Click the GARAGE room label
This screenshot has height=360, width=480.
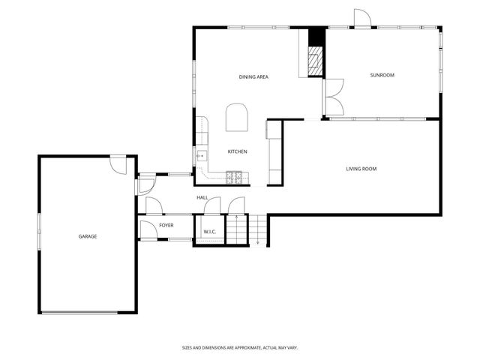click(88, 236)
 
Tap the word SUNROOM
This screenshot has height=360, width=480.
click(382, 75)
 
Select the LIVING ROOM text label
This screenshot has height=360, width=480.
click(361, 169)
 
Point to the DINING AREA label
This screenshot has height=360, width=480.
click(253, 77)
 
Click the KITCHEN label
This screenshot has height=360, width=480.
click(238, 152)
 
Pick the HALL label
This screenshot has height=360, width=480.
click(202, 197)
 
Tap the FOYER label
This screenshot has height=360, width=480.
click(166, 225)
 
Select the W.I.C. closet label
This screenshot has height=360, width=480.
click(209, 232)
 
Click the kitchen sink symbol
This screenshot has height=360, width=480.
click(201, 156)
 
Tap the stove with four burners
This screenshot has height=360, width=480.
click(235, 178)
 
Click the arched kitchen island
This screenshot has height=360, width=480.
click(236, 117)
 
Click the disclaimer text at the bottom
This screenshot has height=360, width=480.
click(240, 347)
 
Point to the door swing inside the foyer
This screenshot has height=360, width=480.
click(148, 229)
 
